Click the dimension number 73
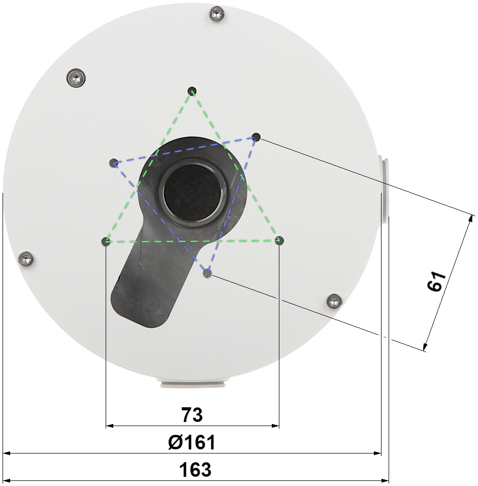click(x=192, y=414)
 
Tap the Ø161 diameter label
click(x=192, y=442)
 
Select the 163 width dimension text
click(x=195, y=470)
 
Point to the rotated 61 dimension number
click(x=436, y=281)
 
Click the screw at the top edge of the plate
click(x=217, y=14)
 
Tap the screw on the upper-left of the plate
click(x=76, y=78)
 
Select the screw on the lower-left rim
click(x=26, y=260)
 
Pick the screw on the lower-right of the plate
click(x=334, y=301)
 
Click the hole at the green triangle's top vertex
click(x=192, y=91)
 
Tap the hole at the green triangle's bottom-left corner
click(x=106, y=241)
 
